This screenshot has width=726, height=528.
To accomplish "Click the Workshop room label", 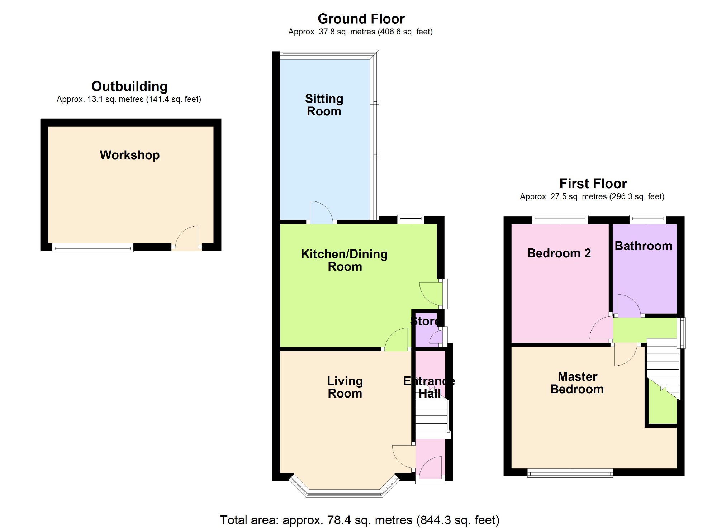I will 129,155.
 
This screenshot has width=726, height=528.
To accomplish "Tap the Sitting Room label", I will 324,105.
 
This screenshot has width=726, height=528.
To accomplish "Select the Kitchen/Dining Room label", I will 344,260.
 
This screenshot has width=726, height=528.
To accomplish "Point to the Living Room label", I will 345,387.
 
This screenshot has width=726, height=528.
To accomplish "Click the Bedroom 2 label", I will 559,253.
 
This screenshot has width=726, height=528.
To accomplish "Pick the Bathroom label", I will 643,246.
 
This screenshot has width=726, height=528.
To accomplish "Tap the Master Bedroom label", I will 577,383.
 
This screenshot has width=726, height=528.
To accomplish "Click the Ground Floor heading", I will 361,19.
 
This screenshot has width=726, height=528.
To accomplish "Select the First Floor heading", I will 593,184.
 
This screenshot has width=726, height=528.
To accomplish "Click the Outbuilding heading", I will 129,86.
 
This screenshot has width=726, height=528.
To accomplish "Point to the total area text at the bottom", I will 360,520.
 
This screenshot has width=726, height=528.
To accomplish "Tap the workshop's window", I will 93,247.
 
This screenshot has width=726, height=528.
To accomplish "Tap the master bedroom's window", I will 570,474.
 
